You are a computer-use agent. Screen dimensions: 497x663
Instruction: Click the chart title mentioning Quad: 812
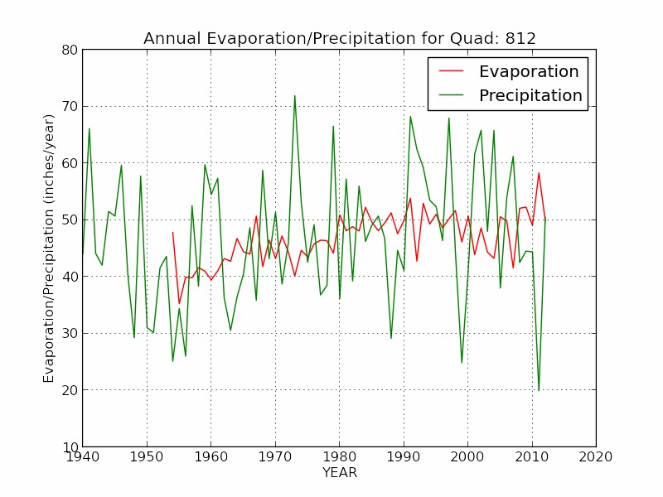[x=340, y=38]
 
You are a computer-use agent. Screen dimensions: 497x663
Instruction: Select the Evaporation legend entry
[x=528, y=71]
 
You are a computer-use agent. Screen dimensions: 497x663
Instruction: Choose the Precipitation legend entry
[x=530, y=95]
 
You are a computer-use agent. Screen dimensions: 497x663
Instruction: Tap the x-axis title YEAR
[x=339, y=473]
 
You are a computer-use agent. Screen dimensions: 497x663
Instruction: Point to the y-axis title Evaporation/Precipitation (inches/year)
[x=50, y=248]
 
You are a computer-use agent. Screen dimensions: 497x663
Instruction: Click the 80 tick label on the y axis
[x=69, y=50]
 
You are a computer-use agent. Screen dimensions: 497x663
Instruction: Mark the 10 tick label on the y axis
[x=69, y=446]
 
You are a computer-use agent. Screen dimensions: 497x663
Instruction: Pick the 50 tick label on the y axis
[x=69, y=220]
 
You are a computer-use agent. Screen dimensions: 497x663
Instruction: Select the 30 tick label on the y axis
[x=69, y=333]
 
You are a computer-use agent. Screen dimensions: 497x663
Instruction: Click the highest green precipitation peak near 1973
[x=294, y=95]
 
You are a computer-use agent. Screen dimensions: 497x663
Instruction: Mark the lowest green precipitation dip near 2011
[x=539, y=390]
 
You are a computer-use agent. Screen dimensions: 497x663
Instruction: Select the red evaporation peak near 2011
[x=539, y=173]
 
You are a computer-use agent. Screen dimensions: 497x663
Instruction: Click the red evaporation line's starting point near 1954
[x=172, y=232]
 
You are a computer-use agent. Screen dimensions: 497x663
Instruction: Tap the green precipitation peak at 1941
[x=89, y=128]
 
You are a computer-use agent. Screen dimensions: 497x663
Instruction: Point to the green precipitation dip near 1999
[x=462, y=363]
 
